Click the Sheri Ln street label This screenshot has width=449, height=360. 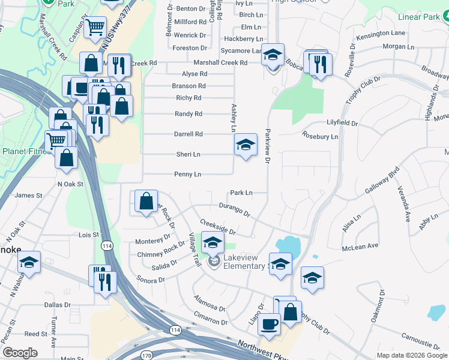point(188,154)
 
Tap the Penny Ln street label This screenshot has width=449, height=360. point(188,175)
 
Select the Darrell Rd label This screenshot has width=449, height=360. point(188,134)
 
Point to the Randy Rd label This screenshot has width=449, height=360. point(188,113)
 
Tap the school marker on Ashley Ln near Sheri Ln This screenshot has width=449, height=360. point(245,145)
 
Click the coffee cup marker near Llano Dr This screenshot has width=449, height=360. point(269,325)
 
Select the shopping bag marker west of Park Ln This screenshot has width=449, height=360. point(146,202)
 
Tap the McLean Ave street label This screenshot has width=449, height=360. point(360,246)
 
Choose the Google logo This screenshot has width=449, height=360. point(20,353)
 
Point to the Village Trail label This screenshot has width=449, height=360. point(195,250)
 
